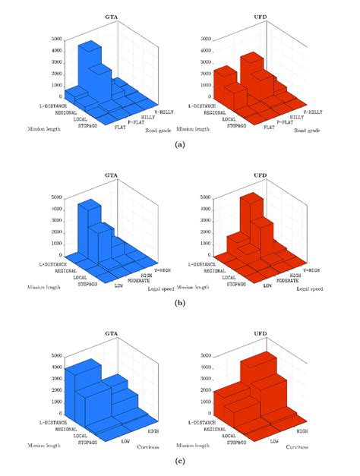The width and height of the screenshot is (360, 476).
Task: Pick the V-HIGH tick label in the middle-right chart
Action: (x=316, y=270)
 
